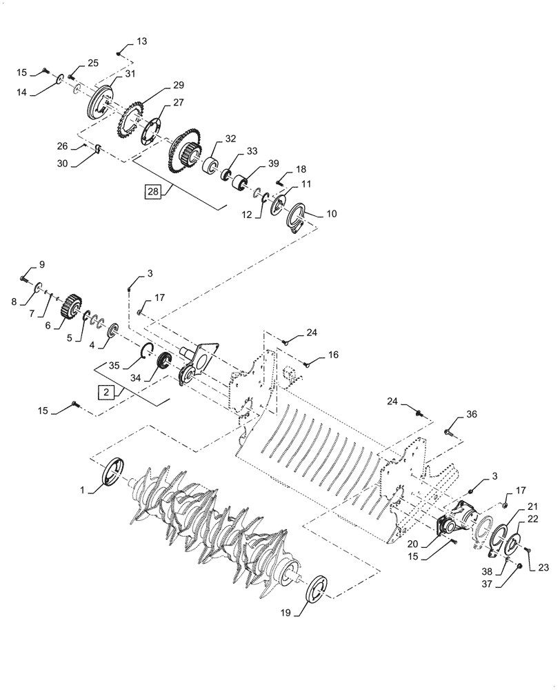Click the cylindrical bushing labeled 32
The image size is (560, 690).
[210, 166]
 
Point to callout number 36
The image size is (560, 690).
[471, 415]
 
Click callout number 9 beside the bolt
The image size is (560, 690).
[41, 264]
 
